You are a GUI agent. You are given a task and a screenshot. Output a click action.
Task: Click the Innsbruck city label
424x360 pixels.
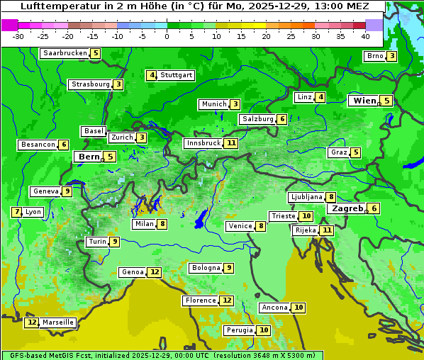point(203,143)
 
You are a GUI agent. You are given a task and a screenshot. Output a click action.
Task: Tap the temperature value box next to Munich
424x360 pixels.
point(235,104)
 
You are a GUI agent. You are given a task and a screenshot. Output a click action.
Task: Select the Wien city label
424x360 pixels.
point(364,101)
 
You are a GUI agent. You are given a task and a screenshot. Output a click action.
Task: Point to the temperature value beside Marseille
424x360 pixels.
point(31,322)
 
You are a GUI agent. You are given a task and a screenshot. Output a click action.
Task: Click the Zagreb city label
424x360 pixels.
point(347,208)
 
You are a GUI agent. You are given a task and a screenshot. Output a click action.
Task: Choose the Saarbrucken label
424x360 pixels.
point(65,53)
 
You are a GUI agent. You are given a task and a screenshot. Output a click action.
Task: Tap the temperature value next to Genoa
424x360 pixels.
point(155,272)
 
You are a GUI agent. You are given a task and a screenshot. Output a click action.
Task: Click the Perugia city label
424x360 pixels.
point(238,330)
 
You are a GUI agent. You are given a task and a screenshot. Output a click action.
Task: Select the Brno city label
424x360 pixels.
point(374,56)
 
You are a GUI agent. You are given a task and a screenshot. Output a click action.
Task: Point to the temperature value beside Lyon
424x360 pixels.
point(17,212)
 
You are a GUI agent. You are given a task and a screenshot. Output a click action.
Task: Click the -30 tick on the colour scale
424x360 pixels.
point(18,36)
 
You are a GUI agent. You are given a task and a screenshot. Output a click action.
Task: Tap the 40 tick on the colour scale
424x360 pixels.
point(365,36)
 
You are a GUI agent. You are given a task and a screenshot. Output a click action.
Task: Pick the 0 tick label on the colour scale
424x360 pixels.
point(167,36)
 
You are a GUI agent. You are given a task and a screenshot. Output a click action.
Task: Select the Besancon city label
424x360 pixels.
point(38,145)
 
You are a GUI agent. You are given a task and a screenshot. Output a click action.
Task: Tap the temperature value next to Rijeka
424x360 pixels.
point(326,230)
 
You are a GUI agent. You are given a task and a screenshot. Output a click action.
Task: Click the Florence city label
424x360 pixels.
point(200,300)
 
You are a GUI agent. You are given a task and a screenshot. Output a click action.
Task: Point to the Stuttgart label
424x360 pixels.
point(176,75)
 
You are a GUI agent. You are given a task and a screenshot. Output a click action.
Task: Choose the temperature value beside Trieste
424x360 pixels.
point(306,216)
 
